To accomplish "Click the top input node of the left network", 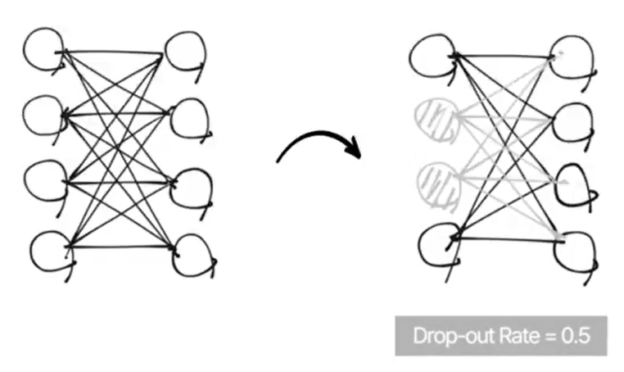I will pos(43,48).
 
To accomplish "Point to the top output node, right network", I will pos(572,57).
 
